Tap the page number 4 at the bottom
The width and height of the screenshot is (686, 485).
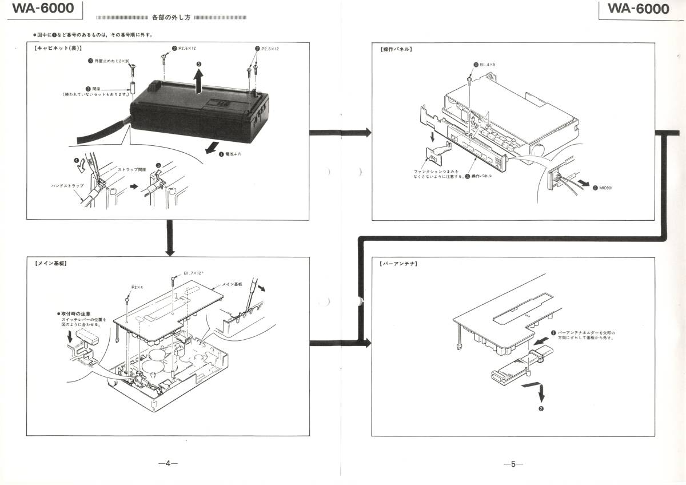(x=168, y=464)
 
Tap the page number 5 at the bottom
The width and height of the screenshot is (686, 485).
(x=513, y=464)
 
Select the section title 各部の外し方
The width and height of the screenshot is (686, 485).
(x=171, y=18)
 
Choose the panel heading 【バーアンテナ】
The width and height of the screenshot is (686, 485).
(x=398, y=264)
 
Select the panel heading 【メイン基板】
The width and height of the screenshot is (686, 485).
(x=51, y=264)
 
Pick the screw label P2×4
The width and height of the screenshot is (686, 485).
(x=138, y=287)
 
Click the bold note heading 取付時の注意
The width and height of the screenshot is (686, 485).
(x=75, y=314)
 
